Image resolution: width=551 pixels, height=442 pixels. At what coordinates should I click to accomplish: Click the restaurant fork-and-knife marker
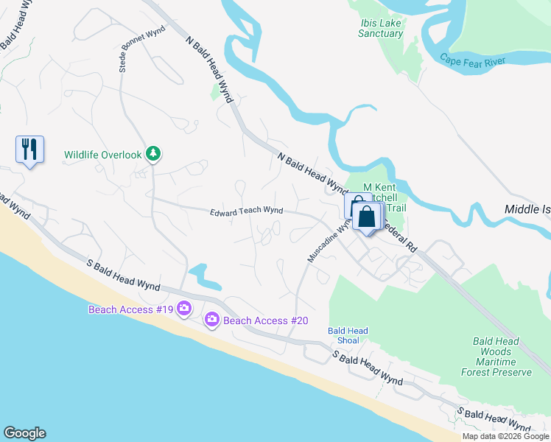[29, 150]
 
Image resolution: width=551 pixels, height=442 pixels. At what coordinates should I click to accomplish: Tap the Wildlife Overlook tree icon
[153, 154]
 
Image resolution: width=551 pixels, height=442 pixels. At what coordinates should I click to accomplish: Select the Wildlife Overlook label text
[102, 155]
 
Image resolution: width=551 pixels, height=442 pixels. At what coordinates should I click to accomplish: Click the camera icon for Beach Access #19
[183, 309]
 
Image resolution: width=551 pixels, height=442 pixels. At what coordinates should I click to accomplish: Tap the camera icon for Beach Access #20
[212, 319]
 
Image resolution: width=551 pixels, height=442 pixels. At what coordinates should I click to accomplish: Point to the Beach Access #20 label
[265, 320]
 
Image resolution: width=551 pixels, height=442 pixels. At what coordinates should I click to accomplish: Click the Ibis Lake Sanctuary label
[381, 28]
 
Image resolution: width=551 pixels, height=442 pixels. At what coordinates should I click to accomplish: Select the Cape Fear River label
[473, 60]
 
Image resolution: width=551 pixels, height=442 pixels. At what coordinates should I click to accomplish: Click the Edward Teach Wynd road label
[246, 211]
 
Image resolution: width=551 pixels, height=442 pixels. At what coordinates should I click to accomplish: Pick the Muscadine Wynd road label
[323, 244]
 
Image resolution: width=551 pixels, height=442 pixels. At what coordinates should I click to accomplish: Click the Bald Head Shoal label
[348, 336]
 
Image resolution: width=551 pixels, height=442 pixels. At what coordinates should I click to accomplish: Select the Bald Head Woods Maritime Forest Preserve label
[501, 357]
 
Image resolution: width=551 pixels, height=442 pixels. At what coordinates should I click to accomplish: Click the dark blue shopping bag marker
[366, 217]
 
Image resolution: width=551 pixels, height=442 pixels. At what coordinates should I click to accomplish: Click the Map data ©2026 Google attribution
[505, 436]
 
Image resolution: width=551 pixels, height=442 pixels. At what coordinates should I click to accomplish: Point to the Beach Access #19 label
[130, 309]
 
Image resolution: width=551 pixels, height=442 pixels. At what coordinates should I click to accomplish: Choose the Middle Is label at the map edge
[527, 209]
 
